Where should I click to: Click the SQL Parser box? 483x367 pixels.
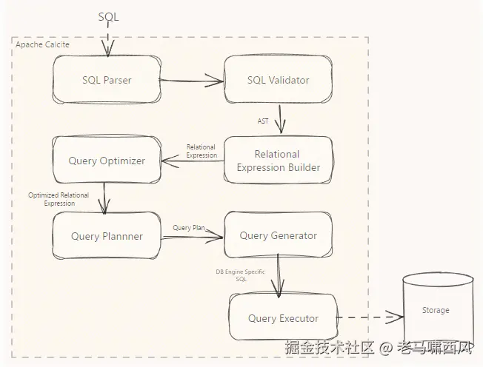(107, 80)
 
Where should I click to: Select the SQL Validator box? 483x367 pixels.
(278, 80)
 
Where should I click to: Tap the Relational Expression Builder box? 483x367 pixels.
(278, 161)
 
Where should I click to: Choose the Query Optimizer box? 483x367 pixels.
(107, 161)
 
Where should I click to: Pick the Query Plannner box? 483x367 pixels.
(107, 235)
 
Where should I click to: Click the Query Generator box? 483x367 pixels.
(278, 235)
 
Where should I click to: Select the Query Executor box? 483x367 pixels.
(283, 317)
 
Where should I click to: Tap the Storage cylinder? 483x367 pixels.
(438, 310)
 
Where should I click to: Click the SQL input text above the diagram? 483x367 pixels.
(108, 16)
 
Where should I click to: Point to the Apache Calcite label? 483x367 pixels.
(42, 44)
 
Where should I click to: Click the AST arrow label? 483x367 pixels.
(263, 121)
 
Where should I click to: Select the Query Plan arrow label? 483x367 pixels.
(189, 228)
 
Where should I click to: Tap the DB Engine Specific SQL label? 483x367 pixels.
(241, 275)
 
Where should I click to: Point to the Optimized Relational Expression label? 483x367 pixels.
(59, 199)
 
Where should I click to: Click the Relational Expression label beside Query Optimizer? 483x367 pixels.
(201, 151)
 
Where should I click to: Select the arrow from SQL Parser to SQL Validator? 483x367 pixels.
(191, 81)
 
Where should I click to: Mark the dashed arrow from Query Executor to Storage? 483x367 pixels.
(370, 317)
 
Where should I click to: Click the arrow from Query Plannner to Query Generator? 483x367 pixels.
(192, 238)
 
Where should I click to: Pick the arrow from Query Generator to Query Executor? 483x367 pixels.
(278, 276)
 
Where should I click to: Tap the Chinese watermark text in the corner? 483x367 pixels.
(379, 348)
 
